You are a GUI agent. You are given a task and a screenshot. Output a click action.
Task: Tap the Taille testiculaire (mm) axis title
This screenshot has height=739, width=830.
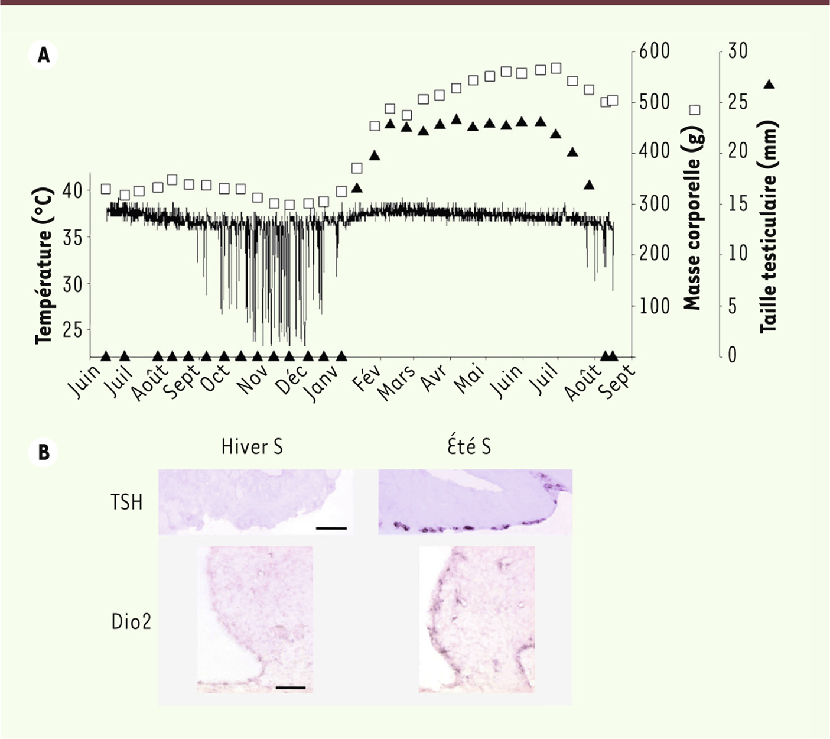click(x=768, y=227)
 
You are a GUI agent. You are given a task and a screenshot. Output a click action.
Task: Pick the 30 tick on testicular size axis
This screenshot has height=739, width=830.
click(x=737, y=51)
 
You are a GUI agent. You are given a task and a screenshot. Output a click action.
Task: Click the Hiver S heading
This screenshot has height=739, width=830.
click(x=252, y=447)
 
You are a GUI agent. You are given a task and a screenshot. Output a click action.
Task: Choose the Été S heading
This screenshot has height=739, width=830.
click(x=469, y=447)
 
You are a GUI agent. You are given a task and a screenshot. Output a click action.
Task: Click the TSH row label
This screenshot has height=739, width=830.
click(x=126, y=503)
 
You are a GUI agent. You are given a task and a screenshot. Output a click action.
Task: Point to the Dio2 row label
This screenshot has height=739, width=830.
click(x=131, y=622)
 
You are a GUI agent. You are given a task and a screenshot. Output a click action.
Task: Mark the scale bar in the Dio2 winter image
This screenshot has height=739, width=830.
click(x=290, y=687)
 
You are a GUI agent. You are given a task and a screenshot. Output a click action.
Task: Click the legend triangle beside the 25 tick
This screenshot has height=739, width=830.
click(x=769, y=85)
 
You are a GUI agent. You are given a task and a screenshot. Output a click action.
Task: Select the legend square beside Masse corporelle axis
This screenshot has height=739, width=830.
click(x=695, y=110)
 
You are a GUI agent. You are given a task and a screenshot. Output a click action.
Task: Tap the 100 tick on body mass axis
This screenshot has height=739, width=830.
click(x=652, y=306)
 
